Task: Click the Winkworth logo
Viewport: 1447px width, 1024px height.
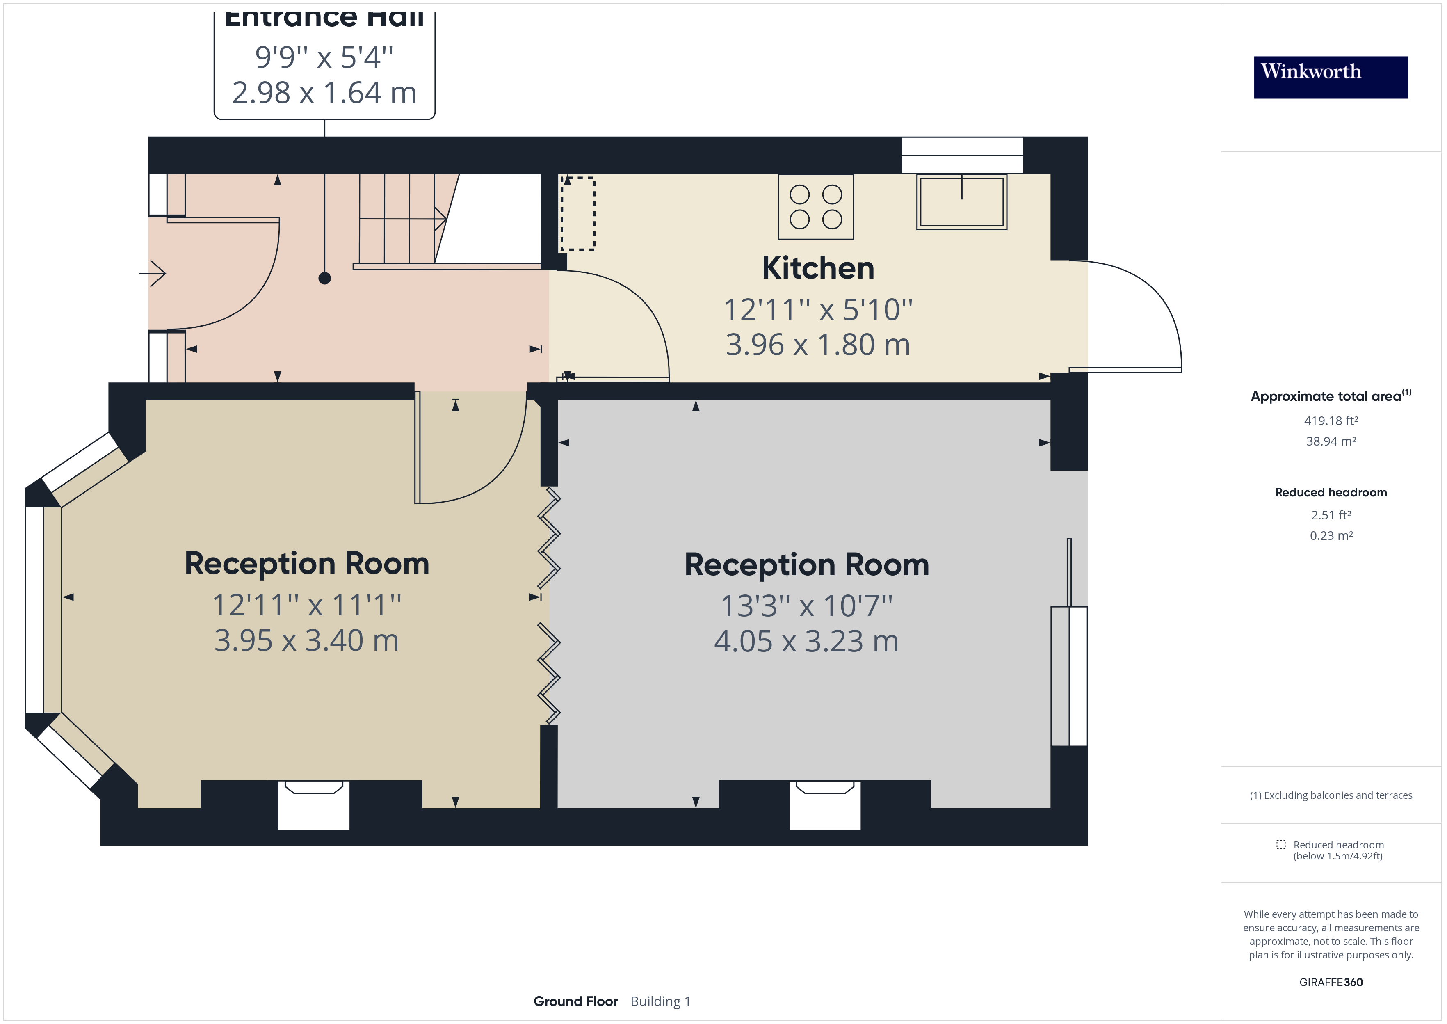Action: [1331, 77]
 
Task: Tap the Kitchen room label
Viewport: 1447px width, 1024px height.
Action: [818, 268]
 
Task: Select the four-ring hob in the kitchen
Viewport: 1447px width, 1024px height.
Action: [815, 207]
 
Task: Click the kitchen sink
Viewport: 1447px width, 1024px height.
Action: [961, 202]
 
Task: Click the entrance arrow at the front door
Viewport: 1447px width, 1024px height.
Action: [153, 273]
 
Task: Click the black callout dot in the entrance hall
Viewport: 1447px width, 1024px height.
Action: [324, 278]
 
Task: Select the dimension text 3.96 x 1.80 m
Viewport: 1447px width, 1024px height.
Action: [817, 345]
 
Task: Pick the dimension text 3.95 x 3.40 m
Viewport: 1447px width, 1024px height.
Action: [306, 641]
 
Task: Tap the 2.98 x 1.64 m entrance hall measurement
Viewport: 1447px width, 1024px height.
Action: [324, 93]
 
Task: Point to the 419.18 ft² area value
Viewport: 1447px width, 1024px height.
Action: [1331, 421]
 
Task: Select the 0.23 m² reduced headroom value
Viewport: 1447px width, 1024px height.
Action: [1331, 535]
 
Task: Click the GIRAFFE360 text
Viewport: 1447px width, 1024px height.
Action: [1331, 982]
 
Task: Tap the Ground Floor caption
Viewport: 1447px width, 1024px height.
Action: [575, 1001]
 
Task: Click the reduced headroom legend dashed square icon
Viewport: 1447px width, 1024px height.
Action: [1280, 844]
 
